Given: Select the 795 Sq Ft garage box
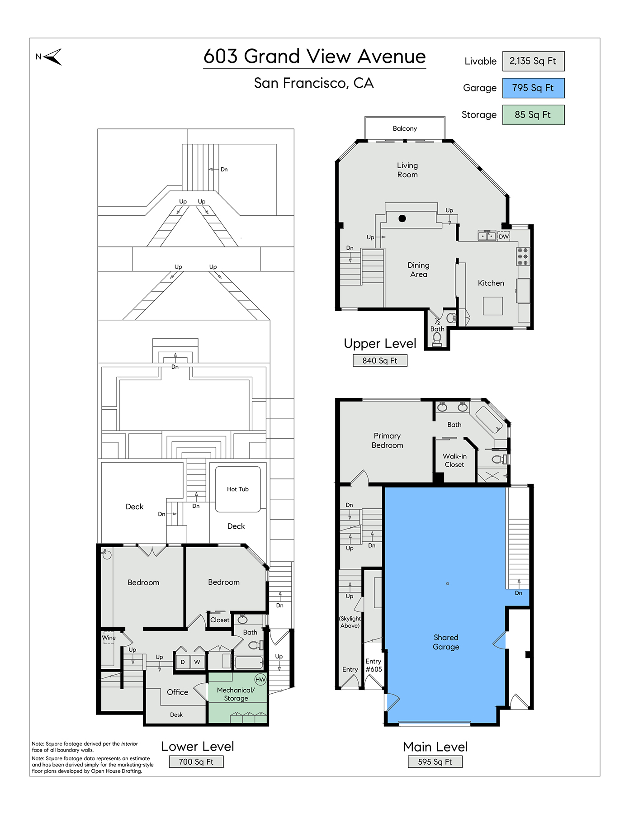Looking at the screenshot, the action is tap(533, 88).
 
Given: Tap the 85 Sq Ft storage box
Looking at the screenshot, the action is tap(533, 115).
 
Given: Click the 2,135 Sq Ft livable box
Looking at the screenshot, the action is tap(533, 61).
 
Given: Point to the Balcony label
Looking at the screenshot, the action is tap(405, 128).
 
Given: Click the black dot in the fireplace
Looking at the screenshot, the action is tap(402, 218).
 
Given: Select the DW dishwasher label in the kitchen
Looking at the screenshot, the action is tap(504, 237).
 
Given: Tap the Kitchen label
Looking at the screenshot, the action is tap(491, 283).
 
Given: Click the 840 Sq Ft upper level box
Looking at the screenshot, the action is tap(380, 360).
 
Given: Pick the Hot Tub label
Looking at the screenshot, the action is tap(238, 489).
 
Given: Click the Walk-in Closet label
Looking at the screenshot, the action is tap(454, 460).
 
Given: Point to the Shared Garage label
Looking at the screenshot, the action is tap(446, 642).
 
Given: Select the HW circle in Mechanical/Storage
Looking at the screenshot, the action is tap(260, 680).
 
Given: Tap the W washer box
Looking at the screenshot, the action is tap(197, 662).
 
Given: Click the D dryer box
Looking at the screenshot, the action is tap(183, 662).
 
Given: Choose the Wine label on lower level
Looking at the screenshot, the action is tap(109, 638).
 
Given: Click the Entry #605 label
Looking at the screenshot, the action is tap(374, 665).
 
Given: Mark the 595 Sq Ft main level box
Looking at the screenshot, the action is tap(435, 762).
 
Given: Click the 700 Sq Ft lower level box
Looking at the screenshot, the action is tap(196, 762).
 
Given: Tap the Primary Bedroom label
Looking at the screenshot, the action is tap(387, 440).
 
